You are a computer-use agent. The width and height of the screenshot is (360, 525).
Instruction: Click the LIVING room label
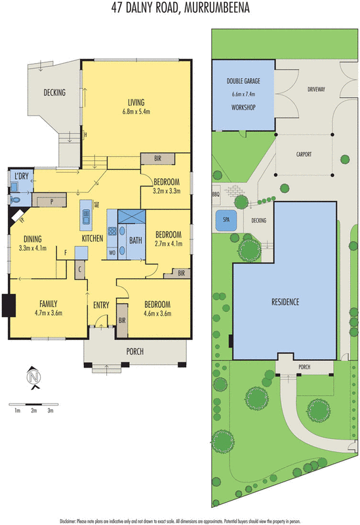(x=136, y=102)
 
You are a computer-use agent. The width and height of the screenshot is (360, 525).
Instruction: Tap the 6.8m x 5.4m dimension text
(x=136, y=112)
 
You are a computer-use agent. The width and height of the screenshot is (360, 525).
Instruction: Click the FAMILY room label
(x=47, y=304)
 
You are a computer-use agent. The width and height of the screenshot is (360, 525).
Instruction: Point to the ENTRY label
(x=101, y=304)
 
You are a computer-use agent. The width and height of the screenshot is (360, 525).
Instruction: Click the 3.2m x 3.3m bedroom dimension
(x=167, y=192)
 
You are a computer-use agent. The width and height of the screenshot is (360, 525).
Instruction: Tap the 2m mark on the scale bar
(x=33, y=410)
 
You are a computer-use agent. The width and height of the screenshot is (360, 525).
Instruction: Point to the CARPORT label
(x=303, y=154)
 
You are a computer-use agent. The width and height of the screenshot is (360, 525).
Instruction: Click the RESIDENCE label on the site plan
(x=285, y=303)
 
